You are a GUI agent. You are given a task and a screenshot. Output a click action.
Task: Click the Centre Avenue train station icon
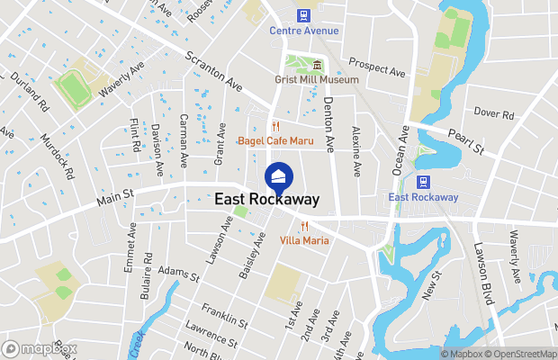(x=304, y=14)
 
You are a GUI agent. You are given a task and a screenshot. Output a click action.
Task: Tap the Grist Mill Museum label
(x=317, y=79)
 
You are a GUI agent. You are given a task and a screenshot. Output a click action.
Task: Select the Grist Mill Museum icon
(x=317, y=65)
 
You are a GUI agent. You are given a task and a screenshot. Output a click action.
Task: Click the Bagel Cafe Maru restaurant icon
(x=276, y=126)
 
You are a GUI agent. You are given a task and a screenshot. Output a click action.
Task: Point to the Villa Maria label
(x=304, y=240)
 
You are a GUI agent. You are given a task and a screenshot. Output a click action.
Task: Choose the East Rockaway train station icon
(x=423, y=182)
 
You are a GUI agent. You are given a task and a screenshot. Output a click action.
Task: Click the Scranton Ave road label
(x=215, y=71)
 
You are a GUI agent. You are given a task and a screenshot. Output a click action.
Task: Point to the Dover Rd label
(x=493, y=114)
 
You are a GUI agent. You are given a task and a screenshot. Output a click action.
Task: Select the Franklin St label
(x=224, y=316)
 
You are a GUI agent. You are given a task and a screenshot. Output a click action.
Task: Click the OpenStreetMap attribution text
(x=522, y=354)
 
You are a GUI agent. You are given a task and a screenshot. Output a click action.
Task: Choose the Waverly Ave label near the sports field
(x=121, y=80)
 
